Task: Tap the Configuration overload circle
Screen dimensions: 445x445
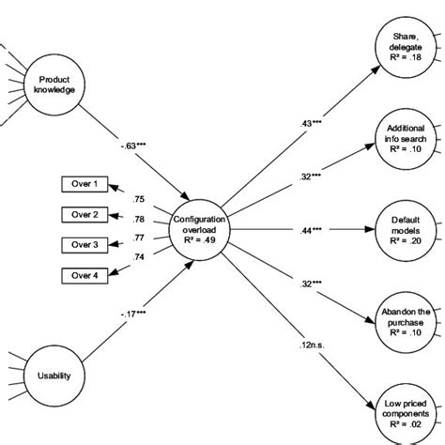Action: pos(193,225)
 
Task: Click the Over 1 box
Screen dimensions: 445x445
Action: pos(80,185)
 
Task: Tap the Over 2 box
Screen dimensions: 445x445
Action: pos(80,215)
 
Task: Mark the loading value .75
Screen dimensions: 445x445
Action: pos(139,199)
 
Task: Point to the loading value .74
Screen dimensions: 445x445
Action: pos(139,257)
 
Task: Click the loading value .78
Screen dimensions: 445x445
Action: pos(139,219)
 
